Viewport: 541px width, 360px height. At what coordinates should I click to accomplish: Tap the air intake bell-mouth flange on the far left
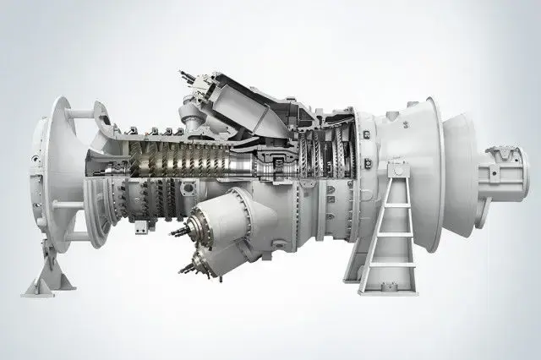coord(52,169)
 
